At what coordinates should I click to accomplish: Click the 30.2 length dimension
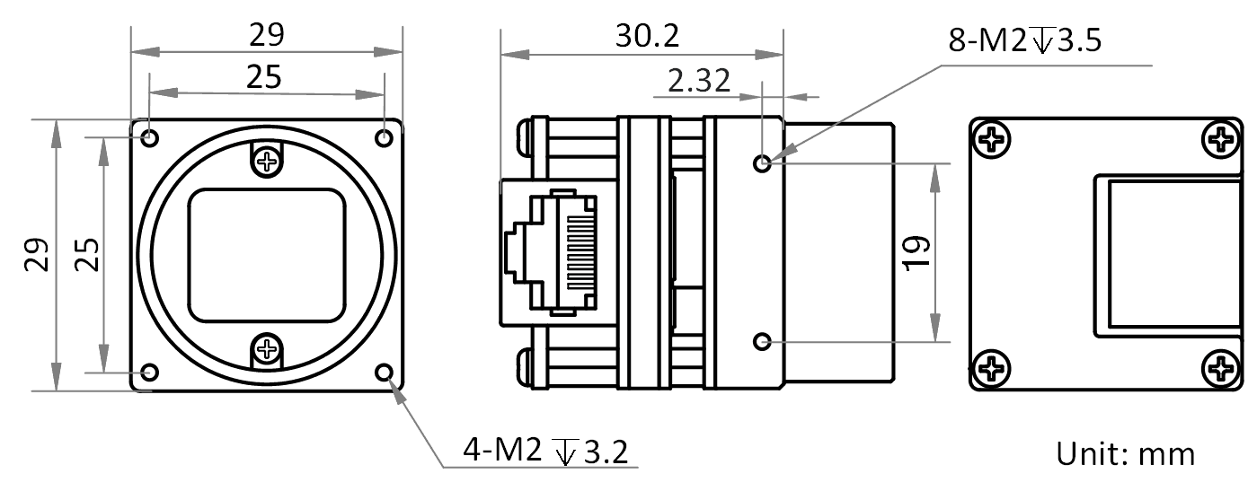pos(648,36)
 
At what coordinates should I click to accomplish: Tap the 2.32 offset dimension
pos(699,81)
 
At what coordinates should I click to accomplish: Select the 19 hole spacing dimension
pos(916,253)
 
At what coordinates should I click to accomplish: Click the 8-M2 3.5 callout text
pos(1025,40)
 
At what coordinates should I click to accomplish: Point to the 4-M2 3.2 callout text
pos(545,451)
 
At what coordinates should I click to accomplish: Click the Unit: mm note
pos(1126,454)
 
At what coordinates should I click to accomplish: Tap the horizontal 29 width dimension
pos(266,35)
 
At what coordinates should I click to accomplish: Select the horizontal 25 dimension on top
pos(263,77)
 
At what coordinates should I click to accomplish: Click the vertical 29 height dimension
pos(37,254)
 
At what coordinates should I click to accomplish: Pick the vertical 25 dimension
pos(87,254)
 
